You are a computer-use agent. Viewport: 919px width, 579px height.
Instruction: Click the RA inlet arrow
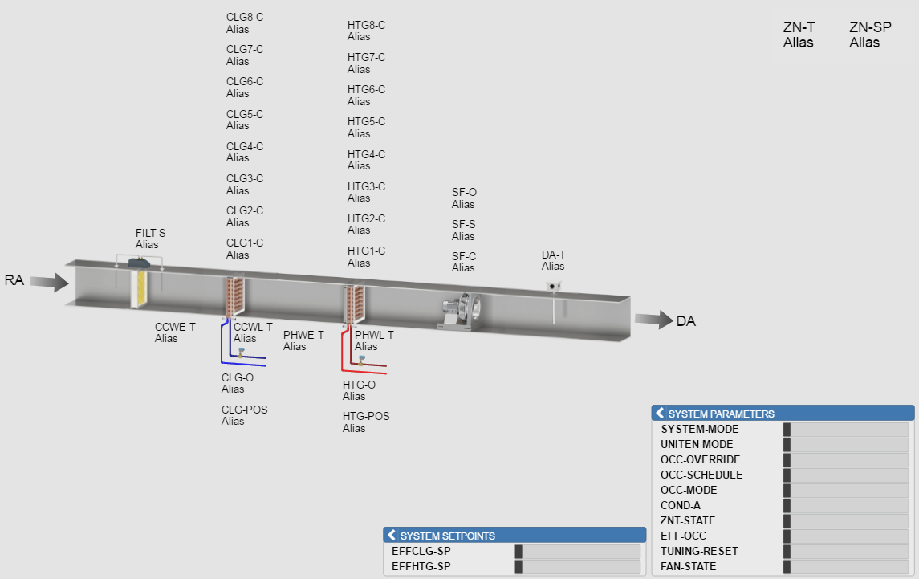coord(50,282)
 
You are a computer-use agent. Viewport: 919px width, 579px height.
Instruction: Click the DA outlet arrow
coord(654,319)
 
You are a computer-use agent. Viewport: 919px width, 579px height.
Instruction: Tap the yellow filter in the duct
coord(140,288)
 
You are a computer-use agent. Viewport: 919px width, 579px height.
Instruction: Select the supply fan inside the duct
coord(461,311)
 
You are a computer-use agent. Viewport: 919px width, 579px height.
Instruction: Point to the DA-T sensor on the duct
coord(553,286)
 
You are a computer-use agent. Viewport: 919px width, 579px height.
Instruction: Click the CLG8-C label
coord(245,17)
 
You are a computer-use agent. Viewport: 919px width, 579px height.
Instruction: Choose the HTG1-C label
coord(366,251)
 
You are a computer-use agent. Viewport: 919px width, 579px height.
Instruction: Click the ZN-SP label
coord(870,27)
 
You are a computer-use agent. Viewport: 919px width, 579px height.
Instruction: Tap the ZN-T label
coord(799,27)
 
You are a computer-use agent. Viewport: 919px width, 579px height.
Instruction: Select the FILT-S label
coord(150,233)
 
